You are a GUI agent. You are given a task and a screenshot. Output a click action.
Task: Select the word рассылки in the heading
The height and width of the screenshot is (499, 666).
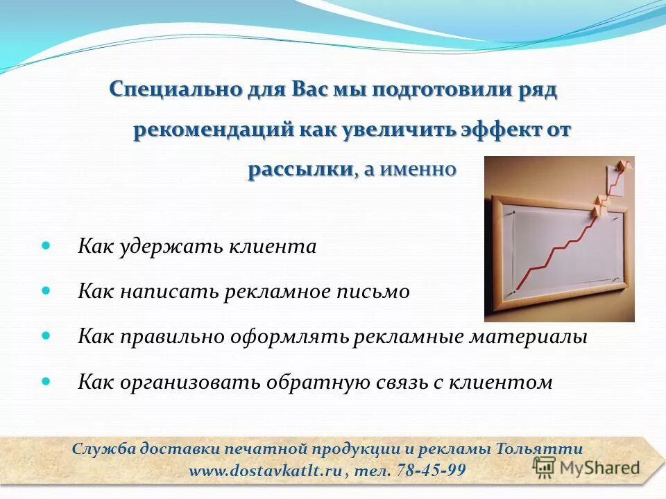click(x=300, y=170)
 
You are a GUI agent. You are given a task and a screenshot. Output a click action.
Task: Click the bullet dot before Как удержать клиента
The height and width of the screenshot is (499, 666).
click(x=46, y=245)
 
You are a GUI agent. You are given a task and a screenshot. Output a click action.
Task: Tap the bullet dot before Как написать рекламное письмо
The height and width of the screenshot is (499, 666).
click(x=46, y=290)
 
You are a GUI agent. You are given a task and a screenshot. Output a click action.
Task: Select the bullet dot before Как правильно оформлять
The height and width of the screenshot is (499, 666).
click(x=46, y=335)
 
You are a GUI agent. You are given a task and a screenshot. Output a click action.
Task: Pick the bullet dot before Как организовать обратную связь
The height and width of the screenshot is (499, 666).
click(x=46, y=380)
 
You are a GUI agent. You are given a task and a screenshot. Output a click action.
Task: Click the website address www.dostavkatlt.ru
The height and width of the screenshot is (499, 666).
click(x=266, y=471)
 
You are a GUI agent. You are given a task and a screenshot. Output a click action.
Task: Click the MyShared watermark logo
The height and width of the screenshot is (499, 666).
click(x=586, y=467)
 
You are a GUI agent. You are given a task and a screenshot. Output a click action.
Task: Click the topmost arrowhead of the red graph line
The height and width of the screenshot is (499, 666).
click(x=624, y=164)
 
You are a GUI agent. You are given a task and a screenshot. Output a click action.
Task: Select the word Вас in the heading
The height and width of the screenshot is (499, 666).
click(x=309, y=91)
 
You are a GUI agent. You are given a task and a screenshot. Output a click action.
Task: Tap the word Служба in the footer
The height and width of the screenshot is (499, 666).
click(x=99, y=448)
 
